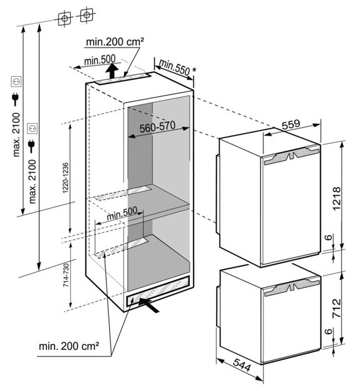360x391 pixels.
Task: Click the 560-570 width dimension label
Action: pyautogui.click(x=157, y=126)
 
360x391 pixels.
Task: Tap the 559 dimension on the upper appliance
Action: pyautogui.click(x=291, y=124)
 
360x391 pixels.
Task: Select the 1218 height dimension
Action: pyautogui.click(x=337, y=198)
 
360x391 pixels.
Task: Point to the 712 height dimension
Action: pyautogui.click(x=337, y=308)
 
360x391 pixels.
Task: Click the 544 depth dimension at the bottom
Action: pyautogui.click(x=242, y=365)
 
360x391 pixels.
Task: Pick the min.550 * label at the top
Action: pyautogui.click(x=177, y=67)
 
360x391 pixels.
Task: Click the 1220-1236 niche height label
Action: pyautogui.click(x=66, y=178)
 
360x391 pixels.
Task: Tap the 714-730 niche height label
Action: pyautogui.click(x=66, y=275)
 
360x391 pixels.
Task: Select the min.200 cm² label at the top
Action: pyautogui.click(x=115, y=42)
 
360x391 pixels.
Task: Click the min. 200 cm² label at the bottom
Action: pyautogui.click(x=69, y=346)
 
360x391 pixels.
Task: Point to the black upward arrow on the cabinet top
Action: pyautogui.click(x=111, y=71)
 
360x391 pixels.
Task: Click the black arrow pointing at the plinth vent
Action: pyautogui.click(x=149, y=305)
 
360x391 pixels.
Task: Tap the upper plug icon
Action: pyautogui.click(x=15, y=99)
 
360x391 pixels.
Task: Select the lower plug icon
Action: pyautogui.click(x=31, y=146)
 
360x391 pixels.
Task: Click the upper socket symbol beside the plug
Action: pyautogui.click(x=16, y=82)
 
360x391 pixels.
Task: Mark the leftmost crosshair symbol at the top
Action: pyautogui.click(x=64, y=18)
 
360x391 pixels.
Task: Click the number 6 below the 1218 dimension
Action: pyautogui.click(x=329, y=236)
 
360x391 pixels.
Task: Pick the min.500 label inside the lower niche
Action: pyautogui.click(x=121, y=213)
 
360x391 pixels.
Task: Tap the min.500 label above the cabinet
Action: pyautogui.click(x=100, y=60)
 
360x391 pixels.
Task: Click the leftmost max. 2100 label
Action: pyautogui.click(x=16, y=135)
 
